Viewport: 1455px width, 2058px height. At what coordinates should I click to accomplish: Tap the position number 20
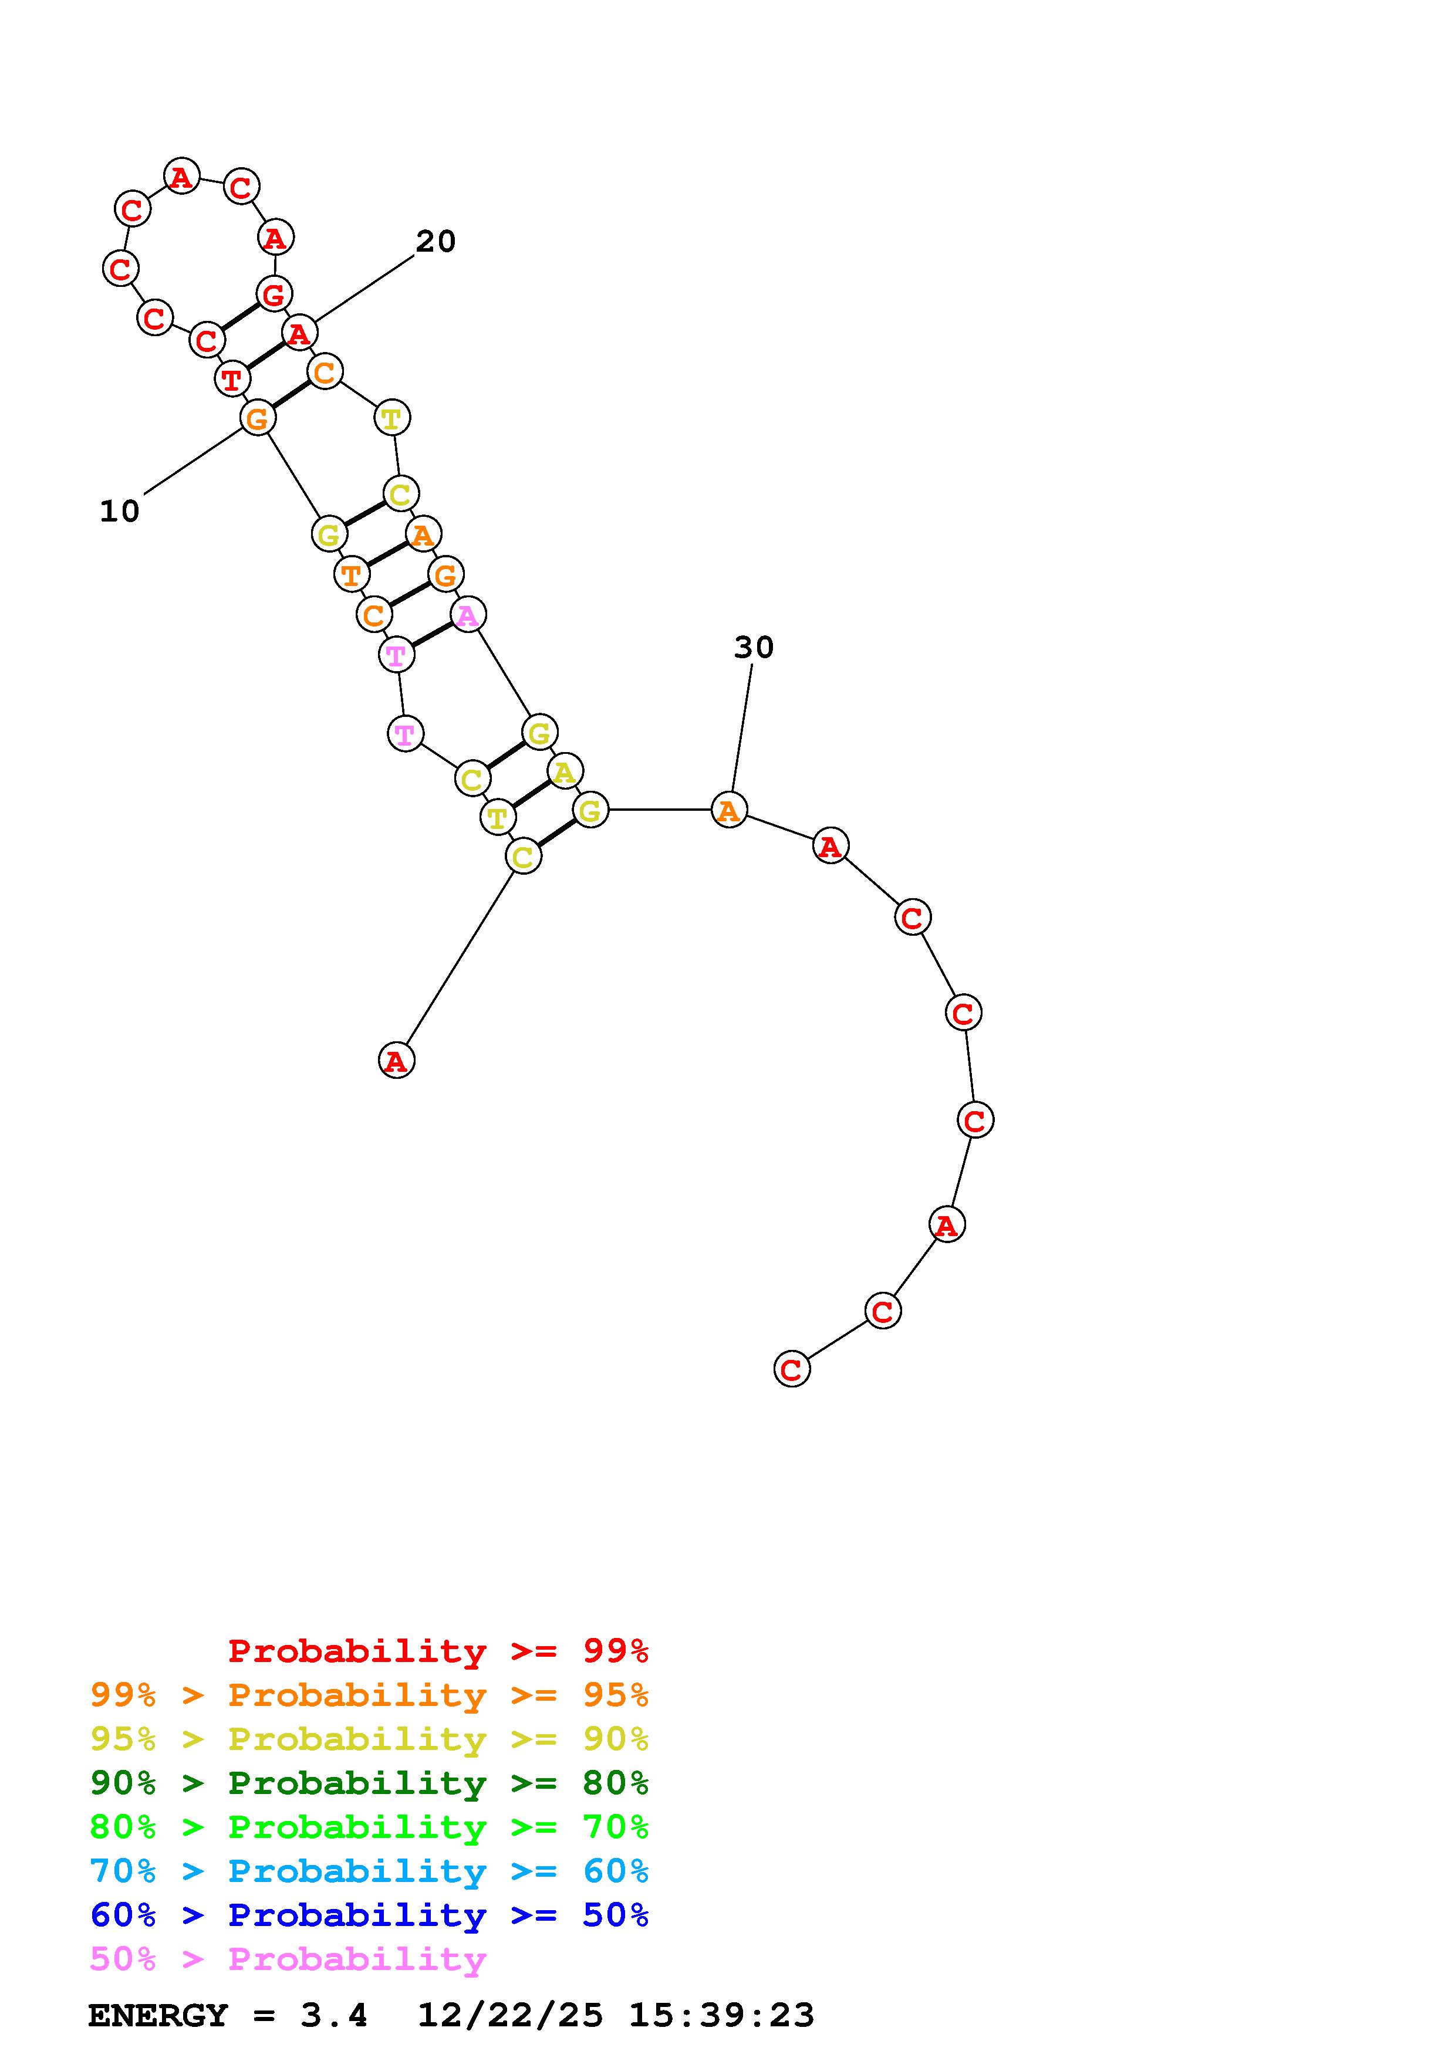click(x=436, y=241)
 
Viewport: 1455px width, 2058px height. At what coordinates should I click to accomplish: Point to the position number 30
click(x=753, y=647)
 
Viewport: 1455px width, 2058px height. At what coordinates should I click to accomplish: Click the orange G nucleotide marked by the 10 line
click(x=257, y=418)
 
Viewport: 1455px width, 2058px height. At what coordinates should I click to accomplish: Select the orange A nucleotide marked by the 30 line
click(x=729, y=810)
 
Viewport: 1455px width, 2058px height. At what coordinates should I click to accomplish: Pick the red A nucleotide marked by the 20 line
click(x=299, y=333)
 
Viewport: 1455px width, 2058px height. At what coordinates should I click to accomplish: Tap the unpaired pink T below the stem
click(x=405, y=734)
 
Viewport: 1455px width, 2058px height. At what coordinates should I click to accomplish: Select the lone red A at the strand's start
click(x=396, y=1060)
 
